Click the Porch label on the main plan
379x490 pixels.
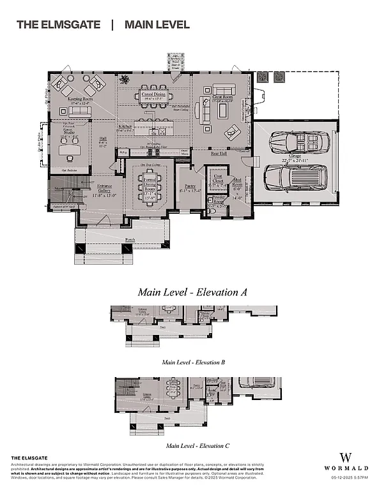click(x=130, y=240)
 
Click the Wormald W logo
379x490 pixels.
click(x=346, y=457)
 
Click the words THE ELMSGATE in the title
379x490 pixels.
click(x=58, y=25)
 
